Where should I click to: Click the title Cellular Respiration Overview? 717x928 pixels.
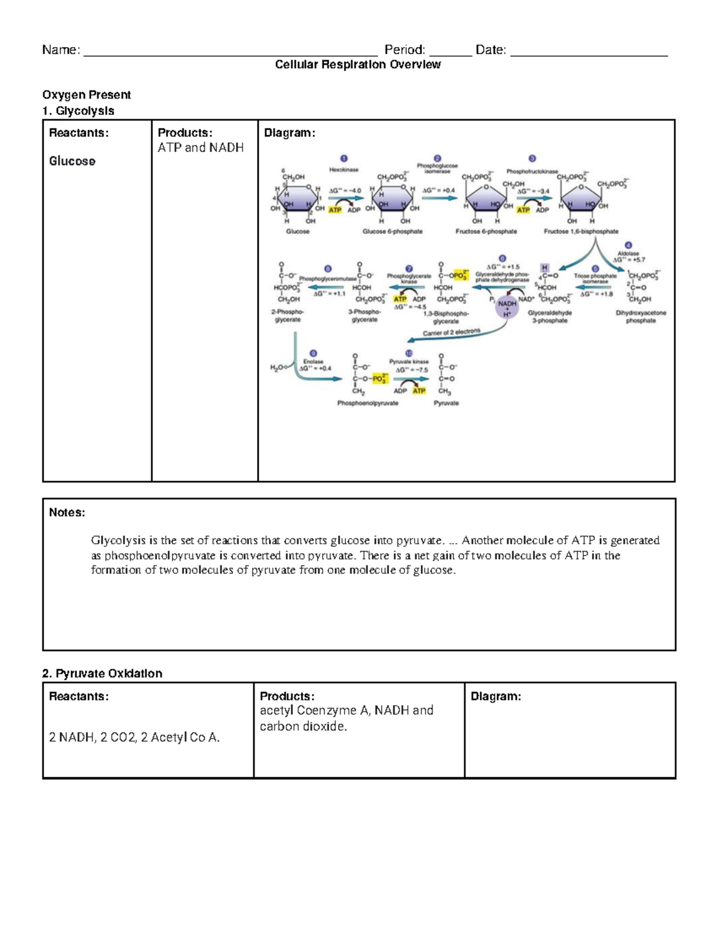coord(357,65)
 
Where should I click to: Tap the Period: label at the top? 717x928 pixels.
coord(405,50)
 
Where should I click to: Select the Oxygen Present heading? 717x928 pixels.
coord(86,94)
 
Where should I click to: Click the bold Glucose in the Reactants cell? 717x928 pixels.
coord(72,161)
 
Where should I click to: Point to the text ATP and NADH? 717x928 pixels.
coord(200,148)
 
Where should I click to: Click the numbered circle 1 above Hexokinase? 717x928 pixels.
coord(344,158)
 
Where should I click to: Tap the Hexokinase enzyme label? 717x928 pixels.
coord(344,170)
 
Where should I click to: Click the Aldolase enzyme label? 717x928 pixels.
coord(629,253)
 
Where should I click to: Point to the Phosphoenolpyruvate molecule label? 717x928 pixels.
coord(367,403)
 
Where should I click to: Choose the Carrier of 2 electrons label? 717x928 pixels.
coord(451,332)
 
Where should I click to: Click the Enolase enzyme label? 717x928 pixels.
coord(313,362)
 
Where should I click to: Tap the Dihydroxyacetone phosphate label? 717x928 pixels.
coord(641,317)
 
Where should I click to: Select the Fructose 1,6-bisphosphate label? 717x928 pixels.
coord(581,231)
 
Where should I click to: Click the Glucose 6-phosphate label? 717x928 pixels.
coord(392,231)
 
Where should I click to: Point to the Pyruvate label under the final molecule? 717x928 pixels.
coord(446,403)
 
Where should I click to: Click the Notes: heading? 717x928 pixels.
coord(67,512)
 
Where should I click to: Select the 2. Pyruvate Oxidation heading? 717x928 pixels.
coord(102,673)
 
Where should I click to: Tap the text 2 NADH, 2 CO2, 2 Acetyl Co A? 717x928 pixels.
coord(134,737)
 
